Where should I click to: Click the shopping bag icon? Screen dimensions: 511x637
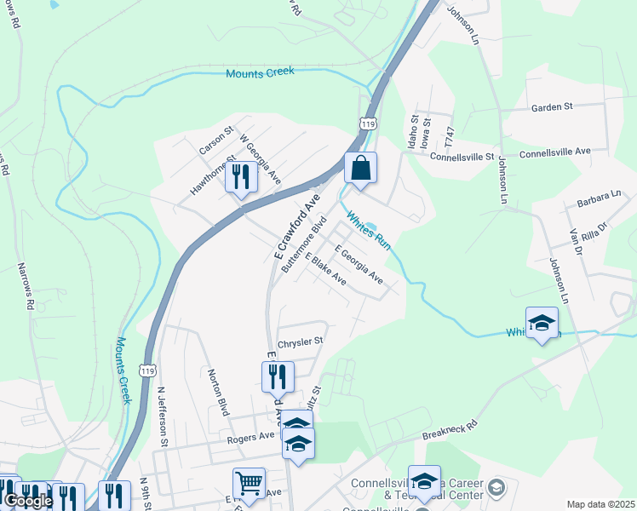[x=360, y=167]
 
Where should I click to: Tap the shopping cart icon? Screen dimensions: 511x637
[x=249, y=484]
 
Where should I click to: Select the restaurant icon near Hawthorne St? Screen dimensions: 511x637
[x=241, y=177]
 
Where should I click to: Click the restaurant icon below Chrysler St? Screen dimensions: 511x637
[x=278, y=376]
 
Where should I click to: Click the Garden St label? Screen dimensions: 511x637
[x=552, y=107]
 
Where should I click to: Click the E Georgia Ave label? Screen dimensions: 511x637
[x=359, y=265]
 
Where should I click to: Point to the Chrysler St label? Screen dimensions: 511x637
[x=301, y=341]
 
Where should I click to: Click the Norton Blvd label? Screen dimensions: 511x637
[x=219, y=392]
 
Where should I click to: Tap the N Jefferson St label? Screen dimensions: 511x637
[x=162, y=417]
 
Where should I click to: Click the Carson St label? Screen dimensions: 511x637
[x=215, y=141]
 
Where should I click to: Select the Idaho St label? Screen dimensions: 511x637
[x=413, y=134]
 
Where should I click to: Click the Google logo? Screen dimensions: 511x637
[x=27, y=501]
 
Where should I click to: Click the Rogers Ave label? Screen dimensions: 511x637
[x=250, y=436]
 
